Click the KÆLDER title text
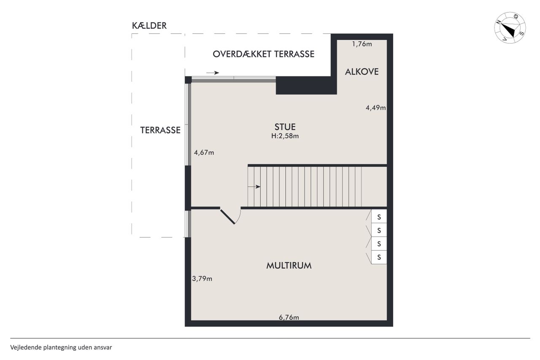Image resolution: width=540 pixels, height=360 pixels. pyautogui.click(x=149, y=26)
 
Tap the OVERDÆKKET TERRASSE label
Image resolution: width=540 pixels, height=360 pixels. pyautogui.click(x=264, y=54)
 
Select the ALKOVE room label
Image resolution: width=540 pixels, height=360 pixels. pyautogui.click(x=362, y=72)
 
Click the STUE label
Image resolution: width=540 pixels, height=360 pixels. pyautogui.click(x=285, y=127)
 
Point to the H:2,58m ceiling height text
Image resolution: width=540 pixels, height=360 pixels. pyautogui.click(x=285, y=136)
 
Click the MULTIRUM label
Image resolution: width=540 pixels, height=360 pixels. pyautogui.click(x=289, y=265)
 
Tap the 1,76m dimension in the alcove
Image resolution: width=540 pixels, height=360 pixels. pyautogui.click(x=362, y=44)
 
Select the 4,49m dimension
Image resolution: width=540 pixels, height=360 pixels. pyautogui.click(x=375, y=108)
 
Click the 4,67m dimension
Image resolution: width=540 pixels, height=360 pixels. pyautogui.click(x=204, y=152)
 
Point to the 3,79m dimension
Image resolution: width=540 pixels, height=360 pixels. pyautogui.click(x=202, y=279)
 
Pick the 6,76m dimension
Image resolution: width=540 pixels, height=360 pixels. pyautogui.click(x=289, y=317)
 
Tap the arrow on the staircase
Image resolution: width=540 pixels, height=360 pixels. pyautogui.click(x=254, y=187)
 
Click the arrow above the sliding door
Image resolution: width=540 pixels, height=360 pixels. pyautogui.click(x=213, y=73)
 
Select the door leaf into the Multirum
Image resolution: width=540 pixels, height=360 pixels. pyautogui.click(x=227, y=217)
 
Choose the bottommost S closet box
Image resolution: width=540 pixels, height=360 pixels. pyautogui.click(x=379, y=257)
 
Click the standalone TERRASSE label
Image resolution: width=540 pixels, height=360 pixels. pyautogui.click(x=160, y=130)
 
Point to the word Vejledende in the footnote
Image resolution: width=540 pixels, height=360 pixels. pyautogui.click(x=26, y=347)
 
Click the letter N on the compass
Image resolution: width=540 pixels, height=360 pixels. pyautogui.click(x=499, y=22)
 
